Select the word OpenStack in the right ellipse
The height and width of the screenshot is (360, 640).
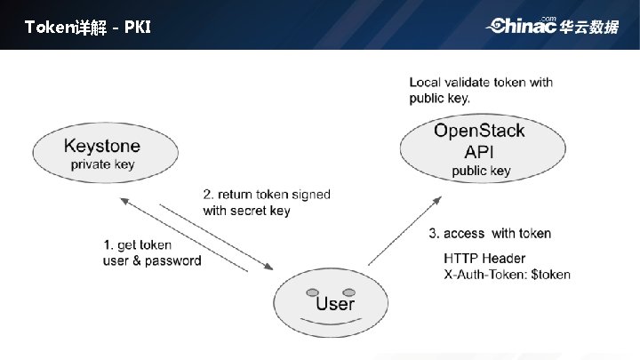(x=479, y=132)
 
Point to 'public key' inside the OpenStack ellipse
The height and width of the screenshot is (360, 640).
(x=481, y=171)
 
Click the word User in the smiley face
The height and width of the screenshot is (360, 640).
(x=334, y=303)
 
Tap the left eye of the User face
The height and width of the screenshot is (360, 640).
(x=311, y=292)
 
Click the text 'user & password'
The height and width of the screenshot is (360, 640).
(x=152, y=260)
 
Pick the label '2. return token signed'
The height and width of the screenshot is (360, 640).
(x=260, y=195)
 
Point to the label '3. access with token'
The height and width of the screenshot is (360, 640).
(x=489, y=234)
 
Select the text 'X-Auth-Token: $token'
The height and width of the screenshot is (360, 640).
(x=507, y=275)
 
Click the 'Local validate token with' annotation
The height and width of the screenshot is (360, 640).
(x=481, y=83)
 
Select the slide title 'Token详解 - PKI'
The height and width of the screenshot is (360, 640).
(x=88, y=27)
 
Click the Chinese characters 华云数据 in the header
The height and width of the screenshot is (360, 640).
(x=589, y=27)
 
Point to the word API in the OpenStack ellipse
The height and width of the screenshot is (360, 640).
(x=479, y=151)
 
